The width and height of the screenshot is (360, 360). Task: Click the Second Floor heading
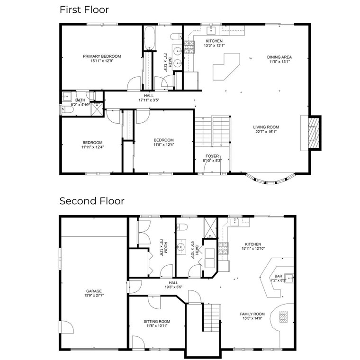[91, 201]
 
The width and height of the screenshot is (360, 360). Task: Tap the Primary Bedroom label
[102, 56]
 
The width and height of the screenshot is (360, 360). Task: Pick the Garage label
[94, 291]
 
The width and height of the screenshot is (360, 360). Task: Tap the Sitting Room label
[157, 322]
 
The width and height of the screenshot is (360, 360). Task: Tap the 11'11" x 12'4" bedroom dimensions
[92, 147]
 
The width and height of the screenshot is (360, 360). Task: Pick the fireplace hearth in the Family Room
[283, 316]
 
